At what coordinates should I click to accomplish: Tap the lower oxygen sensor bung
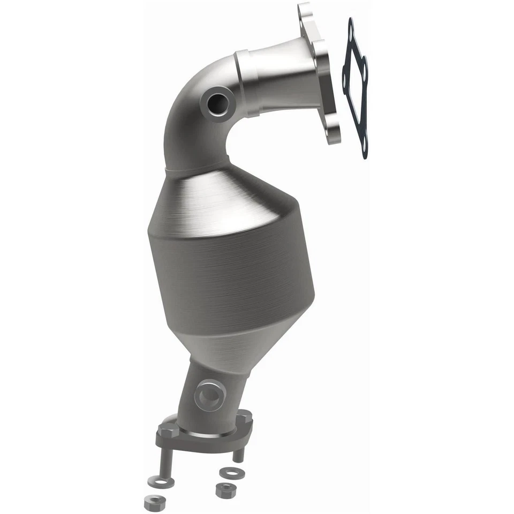pyautogui.click(x=210, y=395)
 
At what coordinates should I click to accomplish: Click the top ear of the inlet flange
pyautogui.click(x=305, y=13)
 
